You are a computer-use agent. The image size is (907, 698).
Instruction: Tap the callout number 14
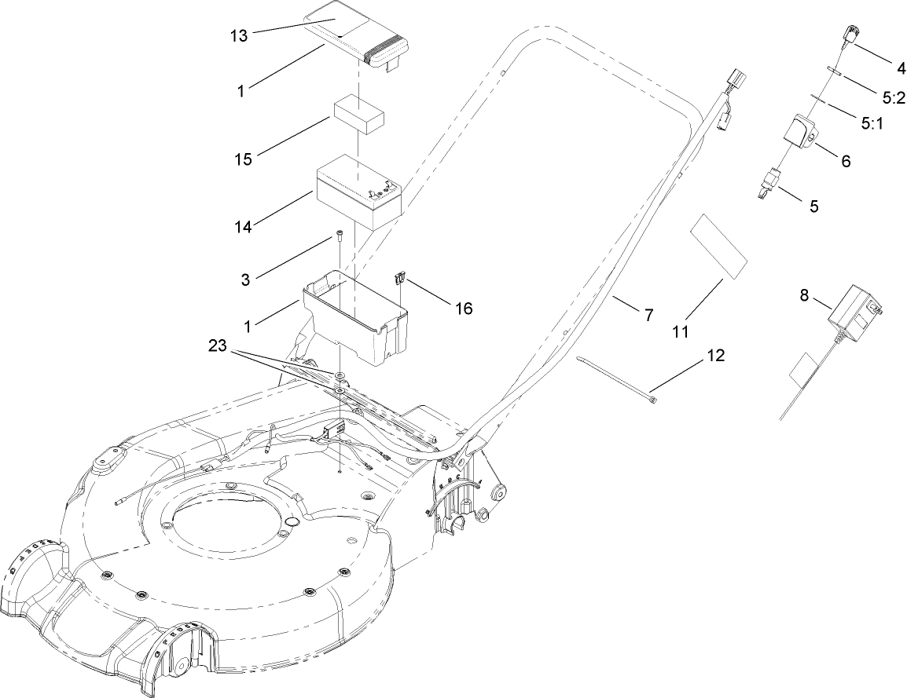click(243, 226)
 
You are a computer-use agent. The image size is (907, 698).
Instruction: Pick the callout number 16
click(464, 308)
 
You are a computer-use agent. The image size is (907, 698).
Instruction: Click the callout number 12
click(715, 355)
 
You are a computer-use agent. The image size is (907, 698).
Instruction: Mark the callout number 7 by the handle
click(648, 316)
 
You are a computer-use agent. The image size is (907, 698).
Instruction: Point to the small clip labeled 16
click(401, 278)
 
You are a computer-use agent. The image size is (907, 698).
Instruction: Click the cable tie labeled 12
click(617, 380)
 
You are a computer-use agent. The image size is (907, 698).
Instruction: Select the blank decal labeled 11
click(717, 247)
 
